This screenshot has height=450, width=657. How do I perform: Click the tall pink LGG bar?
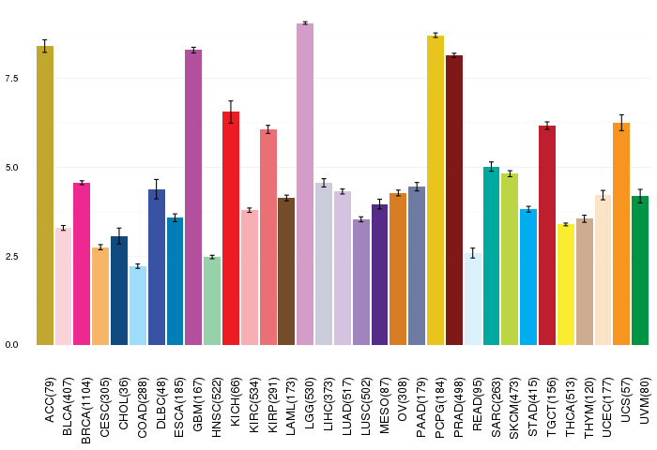point(305,184)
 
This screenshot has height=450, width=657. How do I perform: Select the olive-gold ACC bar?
point(45,196)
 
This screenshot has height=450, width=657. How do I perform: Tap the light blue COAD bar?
point(138,306)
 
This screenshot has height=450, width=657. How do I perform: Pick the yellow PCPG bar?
point(435,190)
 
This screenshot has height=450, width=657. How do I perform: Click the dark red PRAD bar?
point(454,200)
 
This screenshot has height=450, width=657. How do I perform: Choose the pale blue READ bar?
point(473,299)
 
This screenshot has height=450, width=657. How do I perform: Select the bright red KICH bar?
point(231,228)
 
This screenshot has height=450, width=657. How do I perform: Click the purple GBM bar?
point(193,198)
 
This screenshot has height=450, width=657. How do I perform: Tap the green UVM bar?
point(640,270)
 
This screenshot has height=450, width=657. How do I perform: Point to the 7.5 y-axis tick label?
point(11,78)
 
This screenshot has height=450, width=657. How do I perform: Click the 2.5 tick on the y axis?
point(11,256)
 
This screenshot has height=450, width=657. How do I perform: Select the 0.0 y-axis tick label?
point(11,345)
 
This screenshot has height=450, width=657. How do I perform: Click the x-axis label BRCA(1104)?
point(85,411)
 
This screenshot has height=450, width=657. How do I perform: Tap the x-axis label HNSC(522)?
point(216,407)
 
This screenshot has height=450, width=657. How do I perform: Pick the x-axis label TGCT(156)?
point(551,407)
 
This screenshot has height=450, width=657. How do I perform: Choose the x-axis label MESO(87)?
point(383,406)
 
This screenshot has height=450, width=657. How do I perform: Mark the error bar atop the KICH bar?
point(231,112)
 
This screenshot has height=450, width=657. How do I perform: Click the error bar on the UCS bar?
point(621,123)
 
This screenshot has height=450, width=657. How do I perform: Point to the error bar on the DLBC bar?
point(157,189)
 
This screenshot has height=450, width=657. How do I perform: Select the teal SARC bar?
point(492,256)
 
